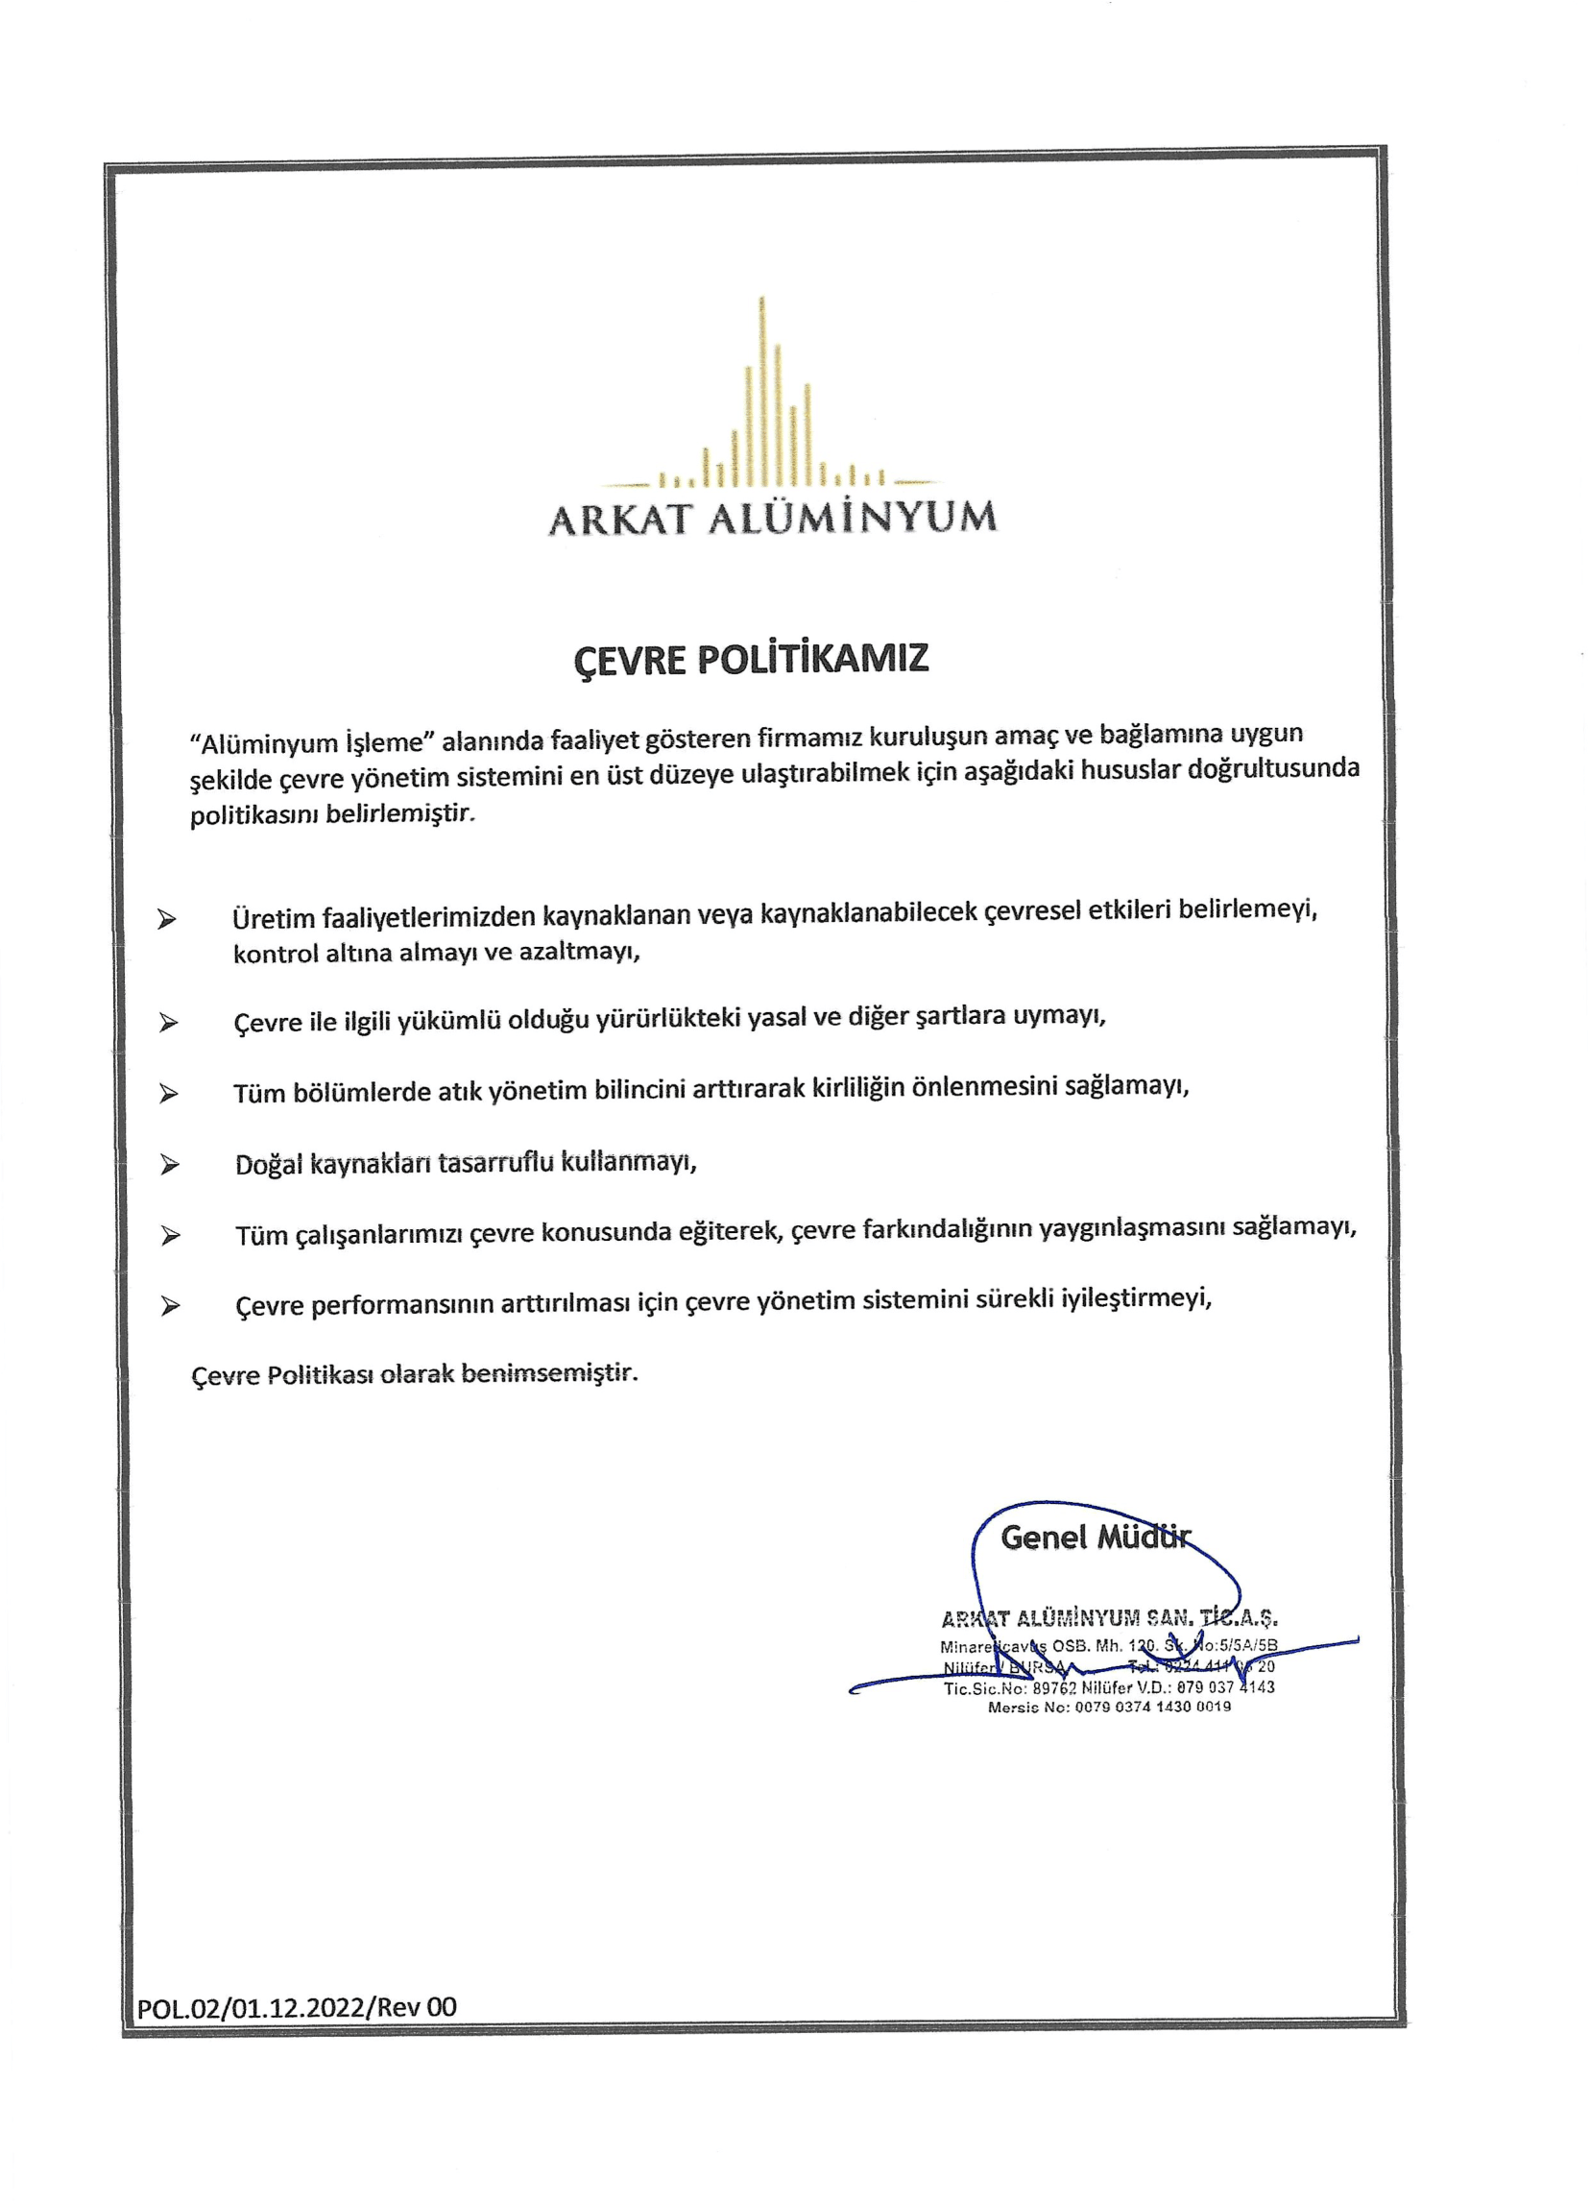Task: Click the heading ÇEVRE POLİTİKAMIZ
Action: pos(751,659)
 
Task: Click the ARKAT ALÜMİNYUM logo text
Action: pos(772,517)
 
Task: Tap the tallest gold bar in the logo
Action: pos(761,389)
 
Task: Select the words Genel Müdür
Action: pos(1095,1538)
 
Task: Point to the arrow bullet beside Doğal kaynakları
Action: pos(170,1165)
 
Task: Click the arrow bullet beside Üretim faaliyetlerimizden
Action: pos(167,919)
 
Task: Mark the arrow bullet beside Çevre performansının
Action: pos(171,1306)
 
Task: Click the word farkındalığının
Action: pos(947,1229)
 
